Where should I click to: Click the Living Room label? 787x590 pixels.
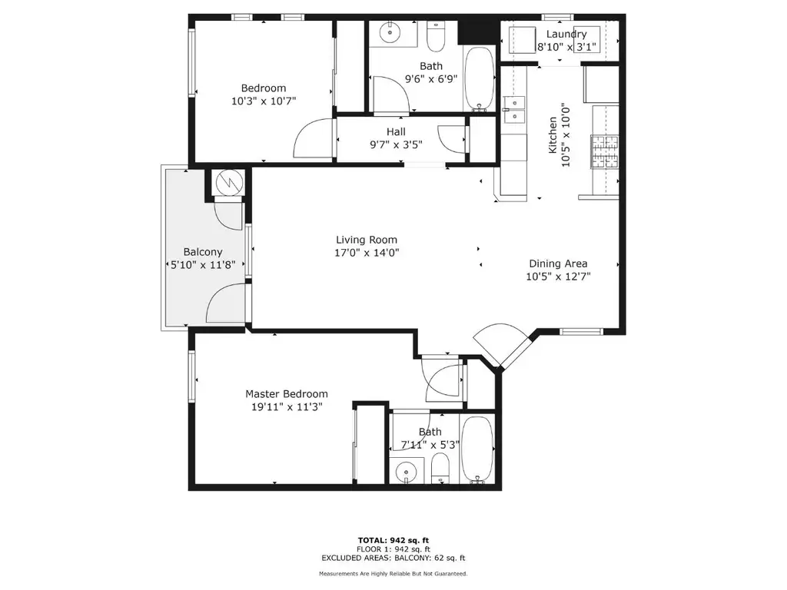click(367, 240)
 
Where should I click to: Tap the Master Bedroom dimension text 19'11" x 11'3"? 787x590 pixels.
click(287, 407)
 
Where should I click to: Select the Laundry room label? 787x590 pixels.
click(566, 34)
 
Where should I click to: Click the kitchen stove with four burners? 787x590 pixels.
click(605, 151)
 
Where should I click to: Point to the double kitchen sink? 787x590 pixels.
click(514, 109)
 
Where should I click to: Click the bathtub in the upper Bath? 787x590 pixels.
click(480, 79)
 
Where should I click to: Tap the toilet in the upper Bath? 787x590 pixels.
click(435, 36)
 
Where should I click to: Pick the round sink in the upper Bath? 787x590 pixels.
click(390, 33)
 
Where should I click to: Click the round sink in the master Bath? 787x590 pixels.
click(405, 472)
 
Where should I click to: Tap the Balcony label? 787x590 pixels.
click(203, 252)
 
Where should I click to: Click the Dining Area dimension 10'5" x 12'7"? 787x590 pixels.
click(558, 277)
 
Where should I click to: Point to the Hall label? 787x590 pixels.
click(396, 132)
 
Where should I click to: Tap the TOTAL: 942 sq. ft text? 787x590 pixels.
click(393, 540)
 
